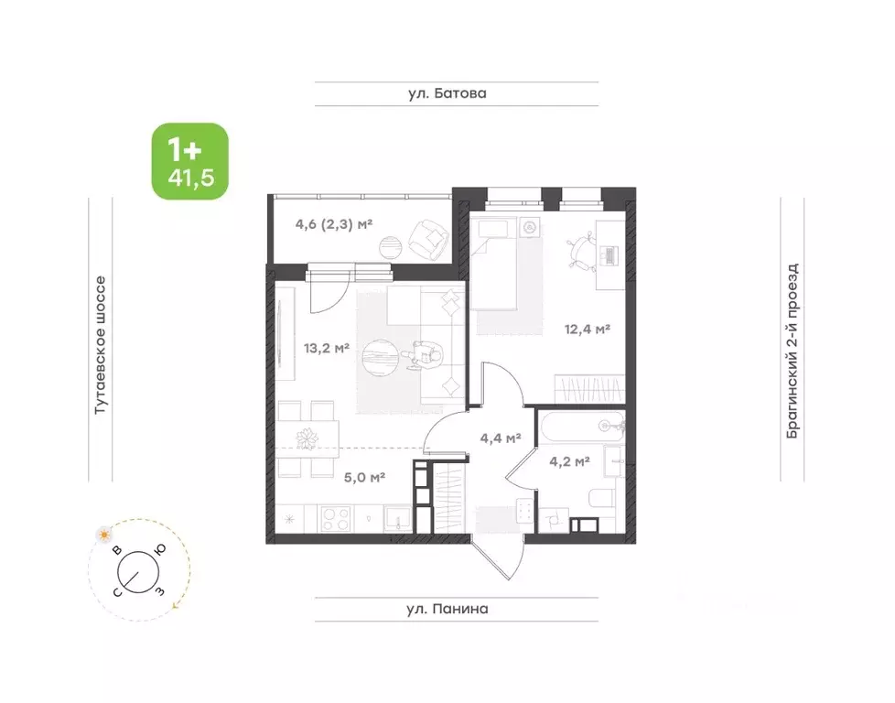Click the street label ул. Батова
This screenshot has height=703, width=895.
tap(447, 93)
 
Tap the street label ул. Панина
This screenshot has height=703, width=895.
tap(447, 609)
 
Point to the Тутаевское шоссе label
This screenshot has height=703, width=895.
tap(100, 345)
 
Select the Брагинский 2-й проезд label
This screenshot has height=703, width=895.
tap(793, 351)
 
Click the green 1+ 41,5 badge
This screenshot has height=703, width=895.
tap(189, 161)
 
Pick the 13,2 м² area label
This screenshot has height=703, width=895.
tap(327, 348)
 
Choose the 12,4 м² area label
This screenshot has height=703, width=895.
tap(588, 329)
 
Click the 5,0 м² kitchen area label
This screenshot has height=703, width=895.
tap(364, 476)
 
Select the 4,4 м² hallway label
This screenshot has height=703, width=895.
tap(501, 438)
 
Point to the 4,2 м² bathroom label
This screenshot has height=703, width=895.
tap(569, 460)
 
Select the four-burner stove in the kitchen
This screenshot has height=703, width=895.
tap(336, 519)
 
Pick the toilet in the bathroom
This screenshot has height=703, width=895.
tap(600, 498)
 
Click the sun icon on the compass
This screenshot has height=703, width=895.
tap(104, 535)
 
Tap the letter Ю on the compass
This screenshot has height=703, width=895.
tap(160, 549)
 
